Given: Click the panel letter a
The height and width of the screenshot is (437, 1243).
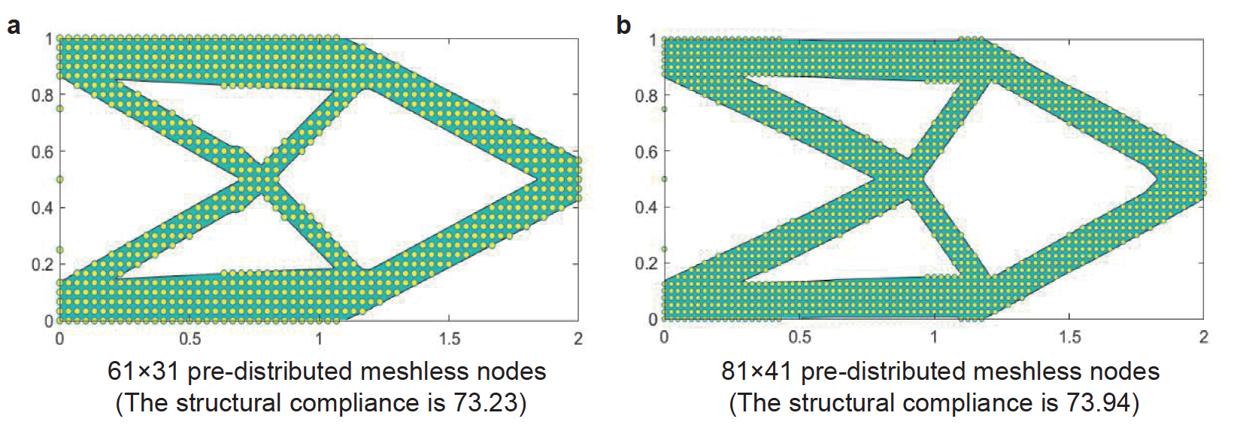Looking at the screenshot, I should tap(13, 26).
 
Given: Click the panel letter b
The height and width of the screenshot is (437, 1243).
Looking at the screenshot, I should tap(623, 26).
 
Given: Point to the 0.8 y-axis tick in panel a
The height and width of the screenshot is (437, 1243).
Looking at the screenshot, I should tap(41, 96).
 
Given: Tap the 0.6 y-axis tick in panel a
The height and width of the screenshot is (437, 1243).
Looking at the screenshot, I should tap(41, 152).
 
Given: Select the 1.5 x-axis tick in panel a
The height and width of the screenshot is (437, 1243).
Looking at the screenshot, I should tap(449, 338).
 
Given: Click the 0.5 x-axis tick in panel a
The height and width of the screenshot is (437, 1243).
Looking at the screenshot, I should tap(189, 338).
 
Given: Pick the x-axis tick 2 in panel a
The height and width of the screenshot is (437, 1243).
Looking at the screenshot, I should tap(578, 338).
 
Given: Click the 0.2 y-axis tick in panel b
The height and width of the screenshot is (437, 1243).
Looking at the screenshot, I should tap(646, 263).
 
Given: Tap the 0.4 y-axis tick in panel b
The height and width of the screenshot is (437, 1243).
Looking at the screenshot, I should tap(646, 208).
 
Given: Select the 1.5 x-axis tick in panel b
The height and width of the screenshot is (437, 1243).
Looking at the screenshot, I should tap(1069, 337).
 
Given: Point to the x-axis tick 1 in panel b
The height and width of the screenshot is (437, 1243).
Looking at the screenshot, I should tap(933, 337).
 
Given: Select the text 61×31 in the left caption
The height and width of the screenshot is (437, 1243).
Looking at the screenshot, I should tap(143, 372).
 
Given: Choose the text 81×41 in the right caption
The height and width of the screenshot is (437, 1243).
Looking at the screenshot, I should tap(756, 372).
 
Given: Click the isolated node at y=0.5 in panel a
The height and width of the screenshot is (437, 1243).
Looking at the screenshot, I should tap(60, 179).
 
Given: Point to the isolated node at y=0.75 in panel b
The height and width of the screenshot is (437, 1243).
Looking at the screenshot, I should tap(664, 109).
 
